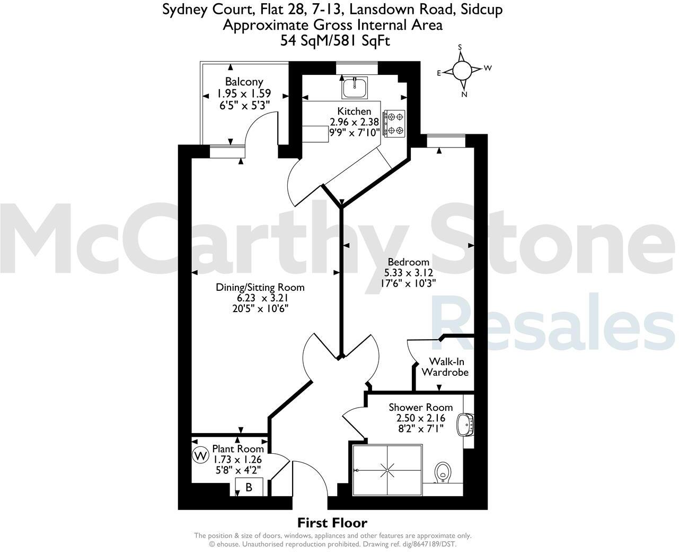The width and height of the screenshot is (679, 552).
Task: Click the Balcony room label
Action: (244, 82)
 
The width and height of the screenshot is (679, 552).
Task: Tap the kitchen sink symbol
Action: (355, 88)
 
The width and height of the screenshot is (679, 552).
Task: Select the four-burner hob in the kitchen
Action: (394, 123)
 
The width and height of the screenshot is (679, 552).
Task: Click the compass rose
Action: (462, 70)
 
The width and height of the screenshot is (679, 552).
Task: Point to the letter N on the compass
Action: (464, 94)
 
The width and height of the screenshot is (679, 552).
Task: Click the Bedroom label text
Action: (408, 262)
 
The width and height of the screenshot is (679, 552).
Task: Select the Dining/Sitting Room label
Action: (260, 287)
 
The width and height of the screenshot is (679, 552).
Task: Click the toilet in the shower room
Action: (442, 472)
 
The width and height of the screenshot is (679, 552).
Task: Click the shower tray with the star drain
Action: (387, 470)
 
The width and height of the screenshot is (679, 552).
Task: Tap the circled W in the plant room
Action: (200, 455)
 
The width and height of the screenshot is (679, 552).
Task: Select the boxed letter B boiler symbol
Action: (249, 487)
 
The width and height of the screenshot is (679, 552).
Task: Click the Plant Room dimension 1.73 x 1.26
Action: (238, 459)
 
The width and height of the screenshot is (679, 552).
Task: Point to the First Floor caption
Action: (332, 523)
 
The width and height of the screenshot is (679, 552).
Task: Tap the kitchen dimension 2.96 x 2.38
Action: (354, 122)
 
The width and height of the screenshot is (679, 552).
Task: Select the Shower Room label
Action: (420, 407)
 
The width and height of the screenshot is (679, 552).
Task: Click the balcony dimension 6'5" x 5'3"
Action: (244, 105)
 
